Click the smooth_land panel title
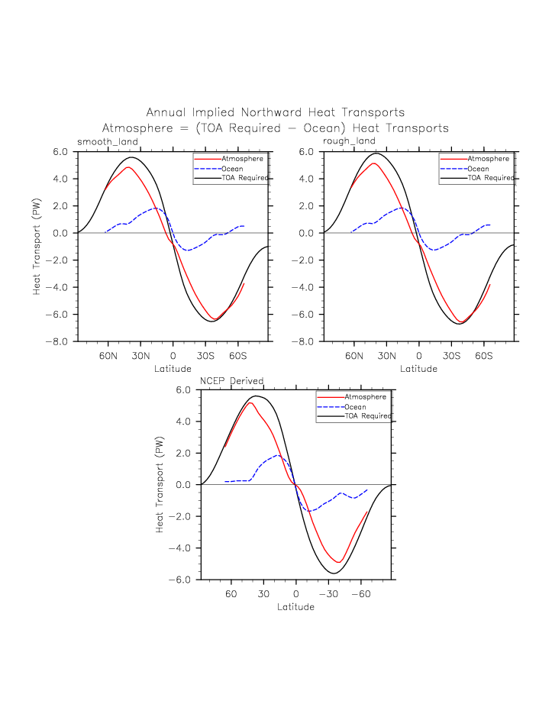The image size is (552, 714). [x=108, y=141]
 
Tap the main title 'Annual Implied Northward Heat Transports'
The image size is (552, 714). [x=276, y=113]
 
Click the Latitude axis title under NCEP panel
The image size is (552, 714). [x=295, y=607]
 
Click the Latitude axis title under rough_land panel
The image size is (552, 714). [x=418, y=369]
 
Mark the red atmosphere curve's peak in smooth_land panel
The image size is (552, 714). [x=128, y=167]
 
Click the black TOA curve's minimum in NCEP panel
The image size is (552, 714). [x=333, y=573]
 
